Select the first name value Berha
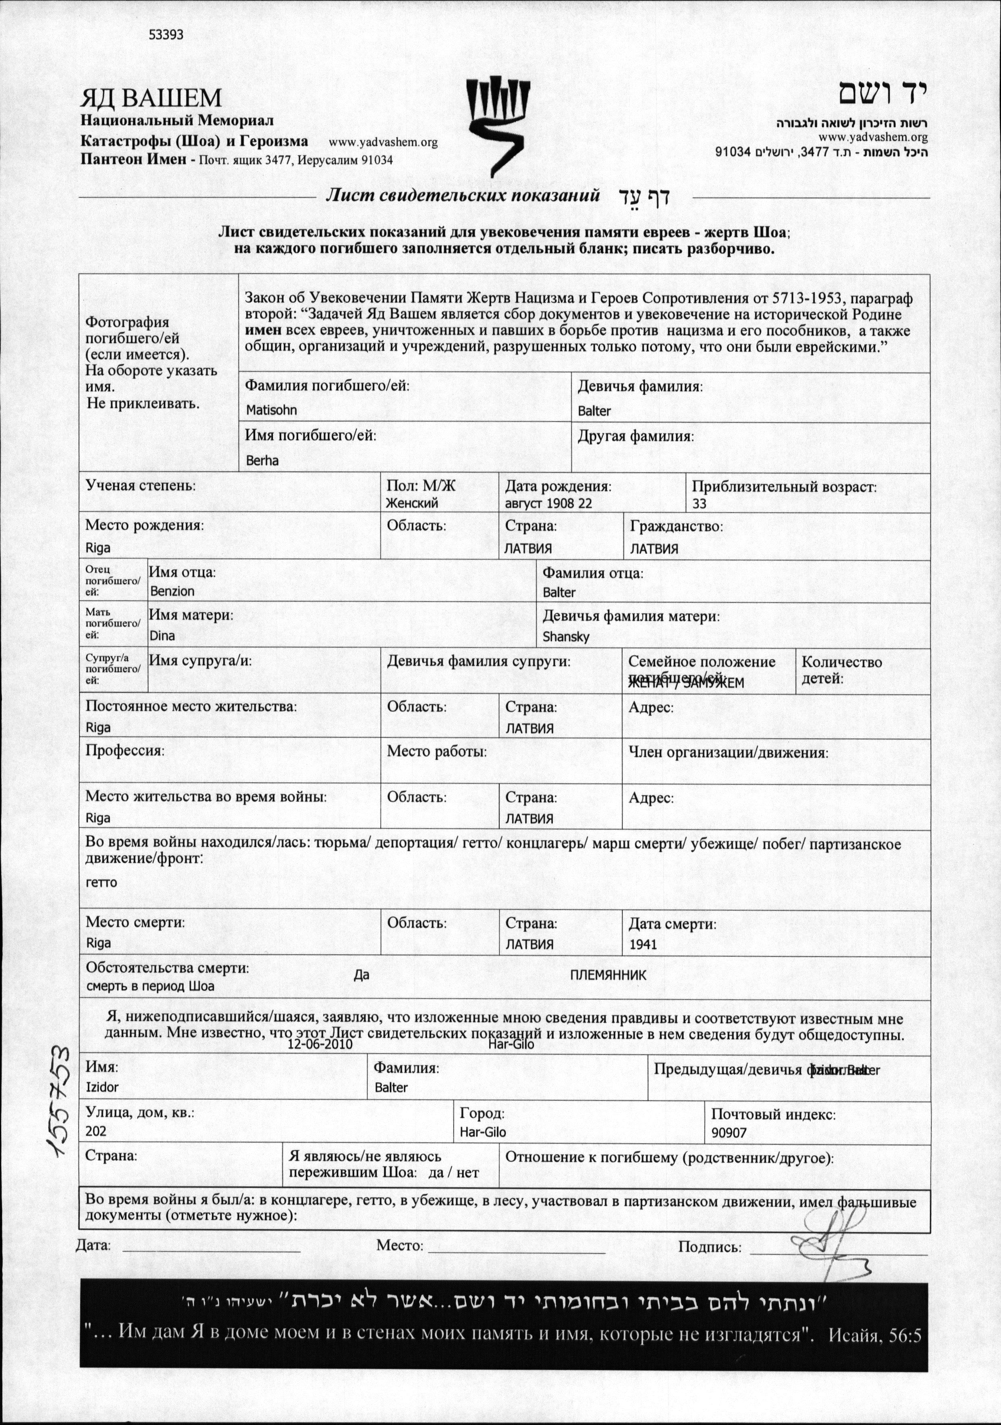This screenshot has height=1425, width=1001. pos(262,461)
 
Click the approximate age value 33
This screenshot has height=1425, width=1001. pos(700,503)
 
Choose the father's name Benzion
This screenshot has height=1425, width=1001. pos(172,591)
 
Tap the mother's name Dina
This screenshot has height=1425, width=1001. pos(162,636)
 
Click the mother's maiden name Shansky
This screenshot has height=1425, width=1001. pos(565,636)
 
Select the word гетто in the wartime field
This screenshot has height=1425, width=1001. pos(101,882)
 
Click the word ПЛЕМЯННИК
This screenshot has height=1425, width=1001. pos(608,975)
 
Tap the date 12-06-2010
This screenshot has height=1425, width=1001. pos(320,1044)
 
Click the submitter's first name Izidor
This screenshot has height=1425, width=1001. pos(102,1087)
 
